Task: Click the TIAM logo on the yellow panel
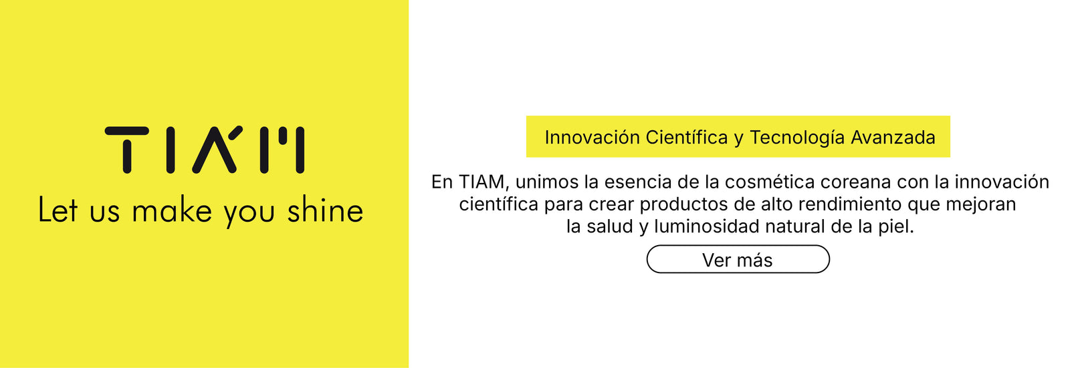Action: pos(205,150)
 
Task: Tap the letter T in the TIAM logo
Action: pos(126,150)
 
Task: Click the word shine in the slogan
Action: pos(325,209)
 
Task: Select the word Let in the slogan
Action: pos(58,209)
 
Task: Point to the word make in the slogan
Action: pos(172,209)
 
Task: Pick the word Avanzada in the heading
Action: pos(893,138)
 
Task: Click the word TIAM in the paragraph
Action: pos(482,182)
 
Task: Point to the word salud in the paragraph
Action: pos(610,226)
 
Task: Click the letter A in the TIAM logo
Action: pos(215,149)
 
